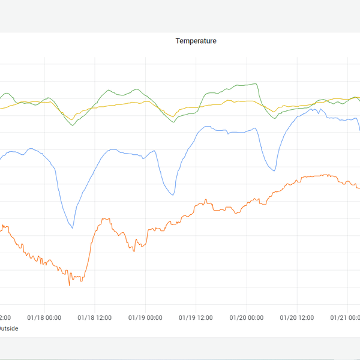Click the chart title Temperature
(x=196, y=41)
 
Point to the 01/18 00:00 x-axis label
(x=44, y=317)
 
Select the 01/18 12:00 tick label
(x=95, y=317)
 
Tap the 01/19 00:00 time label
(x=146, y=317)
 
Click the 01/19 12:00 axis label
(x=197, y=317)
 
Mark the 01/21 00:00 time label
(x=347, y=317)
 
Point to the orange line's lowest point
(x=69, y=285)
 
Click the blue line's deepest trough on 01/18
(x=73, y=228)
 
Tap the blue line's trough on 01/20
(x=274, y=171)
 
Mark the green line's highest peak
(x=256, y=83)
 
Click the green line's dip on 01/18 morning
(x=73, y=125)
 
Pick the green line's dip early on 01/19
(x=174, y=122)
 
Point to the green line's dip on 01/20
(x=275, y=118)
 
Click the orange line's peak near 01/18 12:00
(x=106, y=218)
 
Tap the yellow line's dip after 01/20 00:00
(x=274, y=112)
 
